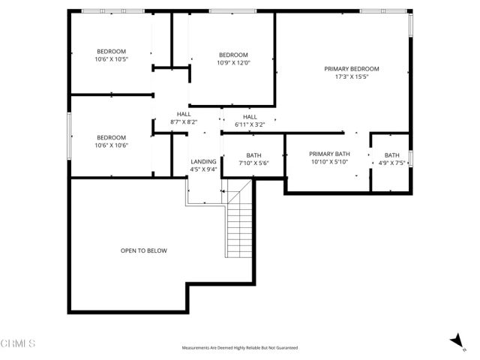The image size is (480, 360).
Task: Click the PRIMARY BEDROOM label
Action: (x=351, y=69)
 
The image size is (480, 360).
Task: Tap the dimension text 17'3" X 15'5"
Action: (x=351, y=77)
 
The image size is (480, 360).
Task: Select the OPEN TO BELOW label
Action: (x=144, y=250)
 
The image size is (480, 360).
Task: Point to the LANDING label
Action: (x=203, y=161)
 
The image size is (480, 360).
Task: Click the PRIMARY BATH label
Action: (x=330, y=154)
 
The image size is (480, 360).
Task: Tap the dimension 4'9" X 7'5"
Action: (x=392, y=163)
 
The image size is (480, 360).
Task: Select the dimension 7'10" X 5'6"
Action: (x=253, y=163)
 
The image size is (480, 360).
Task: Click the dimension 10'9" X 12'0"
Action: (x=233, y=63)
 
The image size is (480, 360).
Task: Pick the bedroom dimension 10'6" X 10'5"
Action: (x=111, y=59)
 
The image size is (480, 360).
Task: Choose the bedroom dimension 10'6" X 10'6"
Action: (x=111, y=145)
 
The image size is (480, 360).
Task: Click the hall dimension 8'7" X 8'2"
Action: (x=184, y=121)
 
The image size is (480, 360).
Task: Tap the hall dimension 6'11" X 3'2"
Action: (x=250, y=124)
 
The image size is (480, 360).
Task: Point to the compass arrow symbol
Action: (x=456, y=341)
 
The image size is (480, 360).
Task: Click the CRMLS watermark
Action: (x=18, y=343)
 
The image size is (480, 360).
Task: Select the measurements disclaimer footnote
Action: (x=240, y=348)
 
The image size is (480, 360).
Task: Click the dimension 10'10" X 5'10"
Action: (x=330, y=162)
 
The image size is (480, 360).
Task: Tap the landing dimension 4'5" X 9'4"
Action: (x=203, y=169)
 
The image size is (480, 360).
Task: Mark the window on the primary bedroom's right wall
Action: (x=411, y=27)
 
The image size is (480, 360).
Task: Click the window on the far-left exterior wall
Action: (x=70, y=136)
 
